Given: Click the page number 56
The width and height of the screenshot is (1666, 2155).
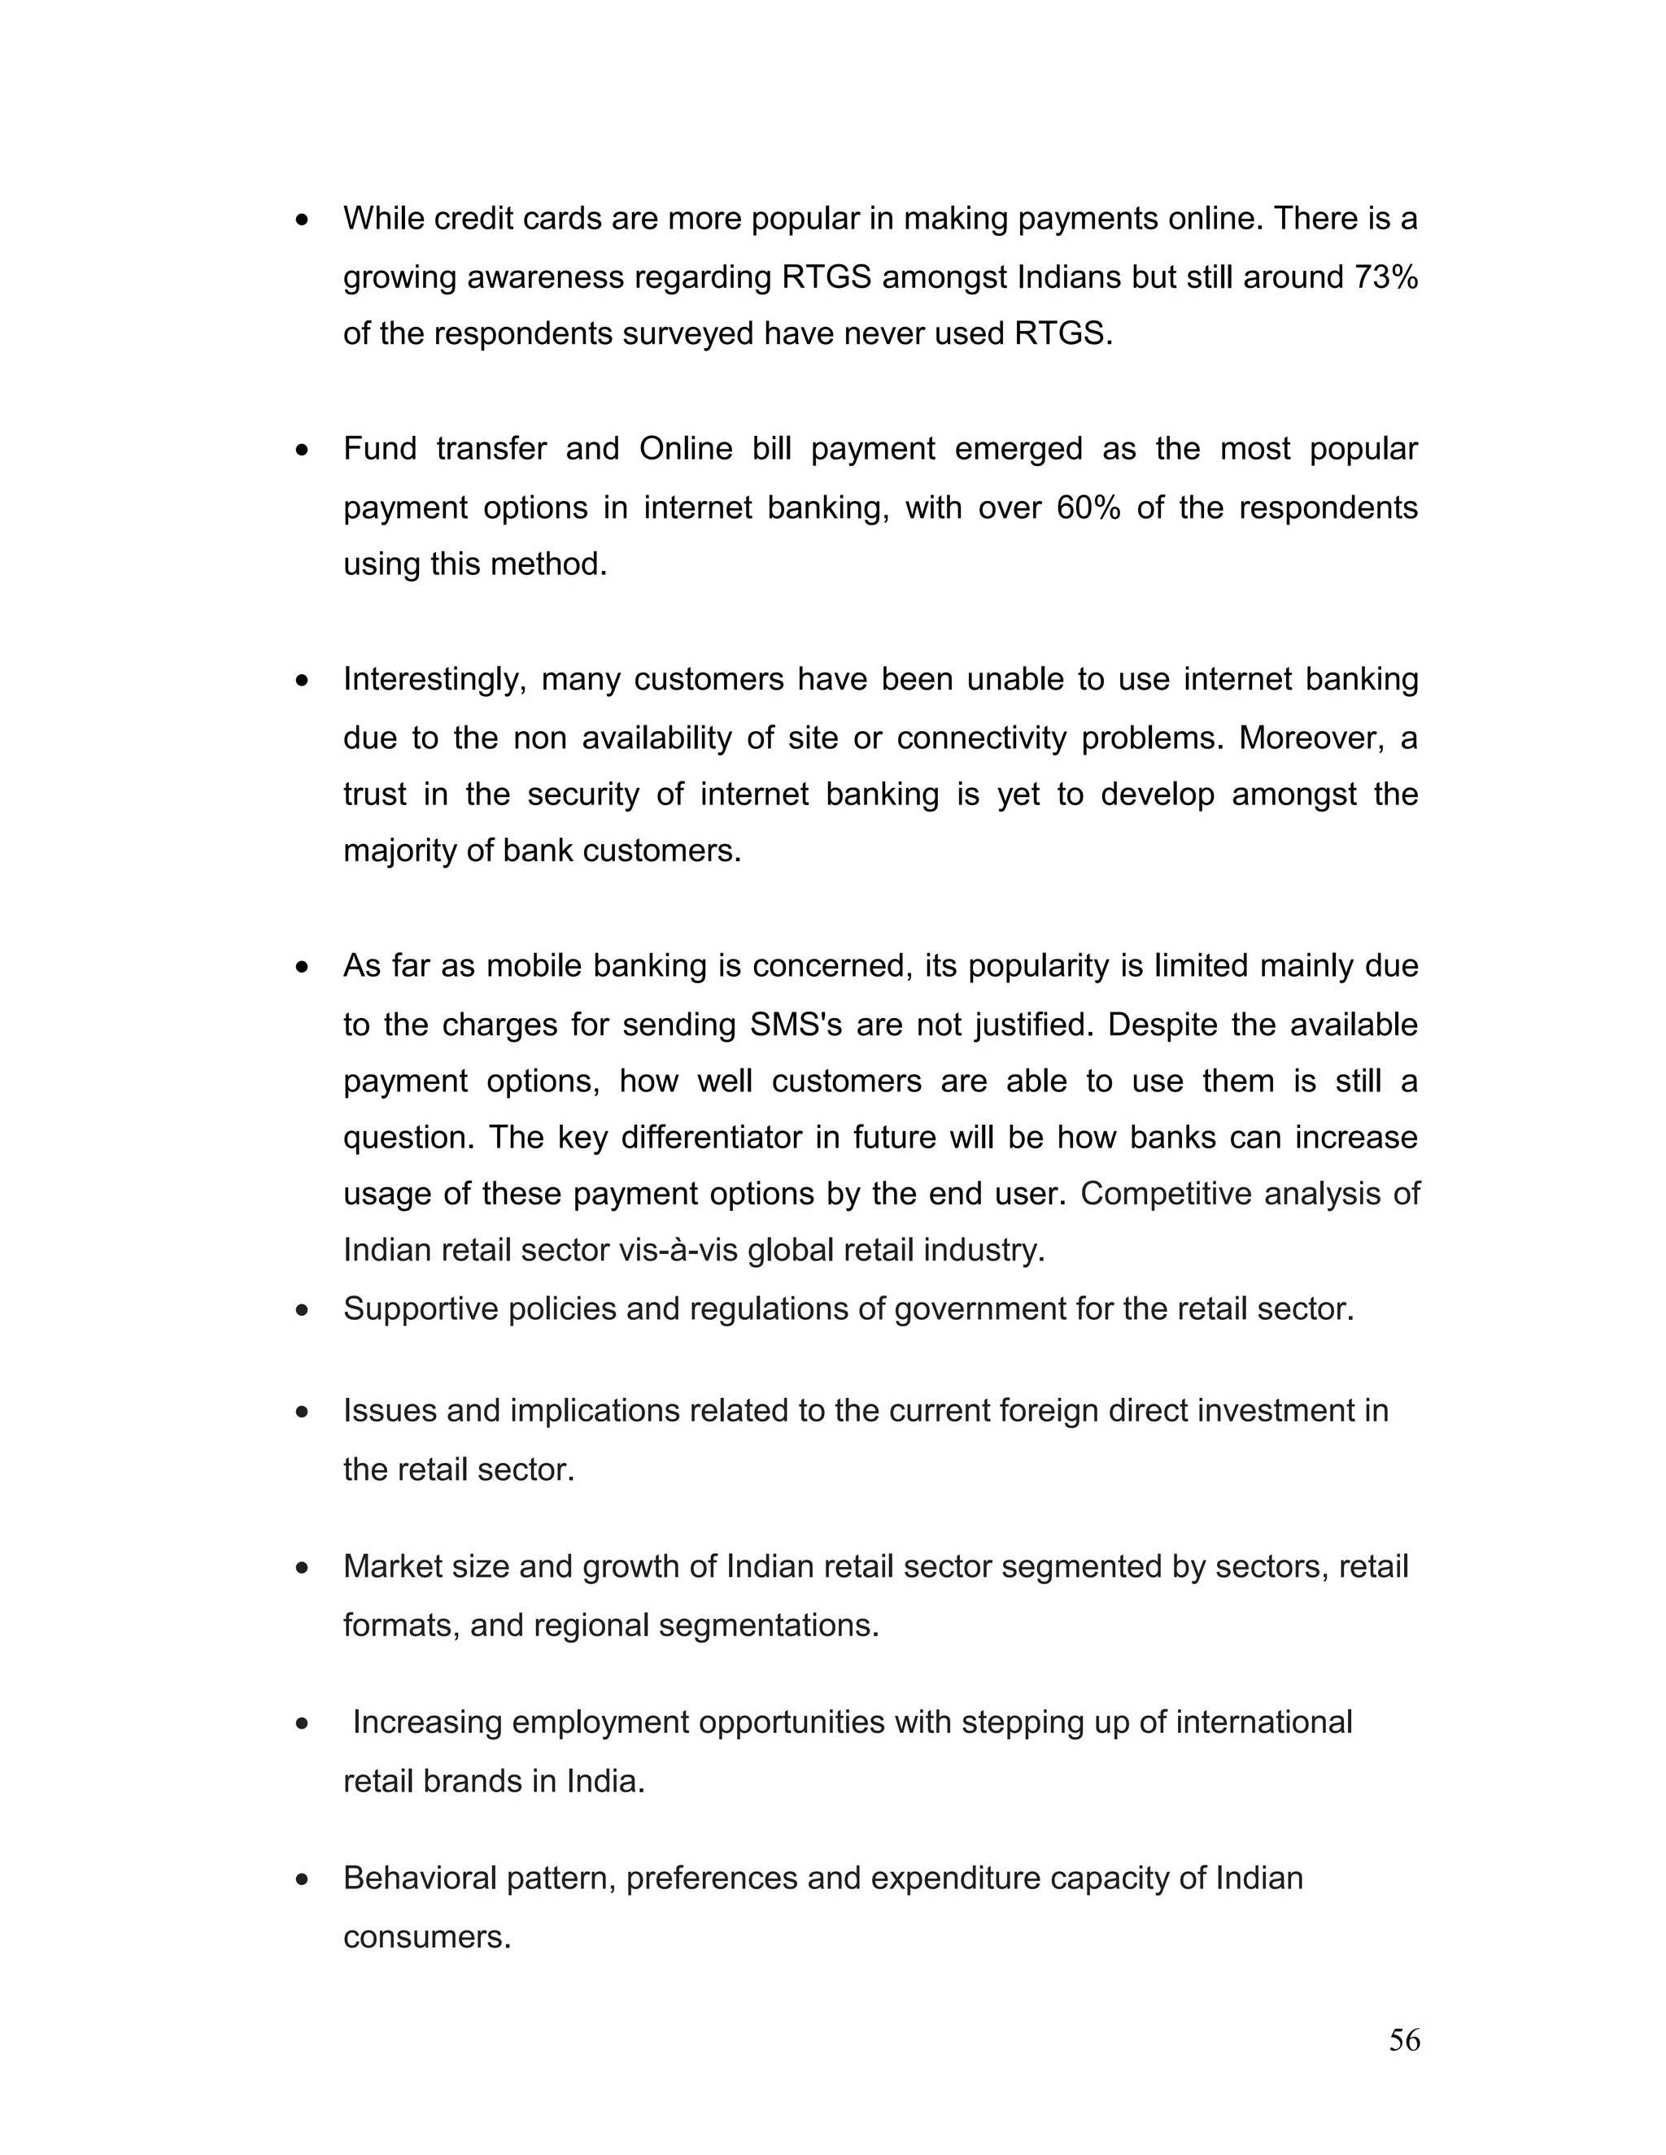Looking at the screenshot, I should [1403, 2040].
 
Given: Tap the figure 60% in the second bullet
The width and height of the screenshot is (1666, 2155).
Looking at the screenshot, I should [1088, 507].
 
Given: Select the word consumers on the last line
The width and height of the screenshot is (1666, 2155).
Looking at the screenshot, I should [426, 1937].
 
